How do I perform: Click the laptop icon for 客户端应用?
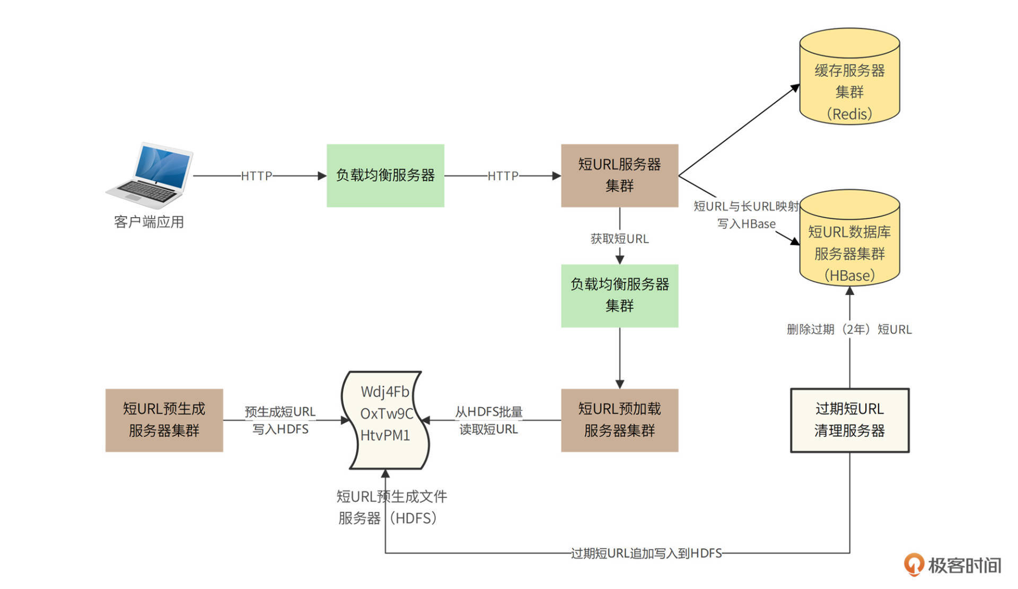click(150, 175)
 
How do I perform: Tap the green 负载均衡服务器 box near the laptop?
click(385, 175)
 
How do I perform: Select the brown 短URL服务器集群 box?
click(619, 175)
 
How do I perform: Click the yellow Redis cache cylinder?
click(849, 79)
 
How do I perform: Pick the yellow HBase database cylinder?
click(849, 241)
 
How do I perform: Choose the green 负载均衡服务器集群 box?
click(619, 296)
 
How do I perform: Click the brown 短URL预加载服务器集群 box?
click(619, 420)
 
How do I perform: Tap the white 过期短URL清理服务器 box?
click(849, 420)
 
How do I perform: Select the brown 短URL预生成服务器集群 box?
click(164, 420)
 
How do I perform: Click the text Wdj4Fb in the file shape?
click(385, 392)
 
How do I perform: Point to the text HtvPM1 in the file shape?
click(385, 435)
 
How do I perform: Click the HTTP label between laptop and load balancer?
click(257, 176)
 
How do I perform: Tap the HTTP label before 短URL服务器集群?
click(503, 176)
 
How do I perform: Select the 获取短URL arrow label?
click(619, 239)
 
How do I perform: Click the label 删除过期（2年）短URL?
click(849, 329)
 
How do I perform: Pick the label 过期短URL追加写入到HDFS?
click(646, 554)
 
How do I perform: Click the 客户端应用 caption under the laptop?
click(149, 222)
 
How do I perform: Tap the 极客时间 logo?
click(953, 565)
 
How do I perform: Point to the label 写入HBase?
click(746, 224)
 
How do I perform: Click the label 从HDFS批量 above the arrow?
click(488, 412)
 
